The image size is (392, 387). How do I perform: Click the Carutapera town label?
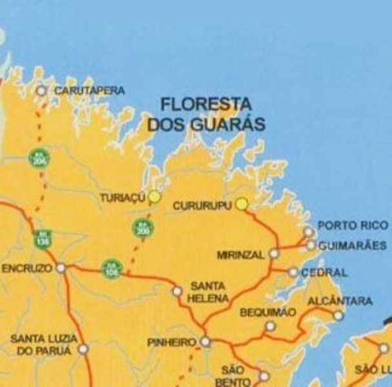point(89,91)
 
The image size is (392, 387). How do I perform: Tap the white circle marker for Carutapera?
point(41,91)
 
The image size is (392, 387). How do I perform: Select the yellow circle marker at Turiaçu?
point(154,197)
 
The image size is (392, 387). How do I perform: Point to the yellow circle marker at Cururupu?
point(242,204)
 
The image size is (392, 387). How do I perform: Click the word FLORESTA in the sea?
point(206,104)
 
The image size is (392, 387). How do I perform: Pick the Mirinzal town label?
point(241,255)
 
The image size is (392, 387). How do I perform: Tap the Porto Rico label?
point(353,226)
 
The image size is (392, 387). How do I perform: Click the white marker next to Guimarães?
point(311,246)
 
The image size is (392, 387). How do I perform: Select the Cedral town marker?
point(293,272)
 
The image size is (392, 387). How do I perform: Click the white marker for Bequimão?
point(270,326)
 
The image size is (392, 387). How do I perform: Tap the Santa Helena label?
point(208,292)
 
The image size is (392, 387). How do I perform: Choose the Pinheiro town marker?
point(205,342)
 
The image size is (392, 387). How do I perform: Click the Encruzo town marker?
point(61,268)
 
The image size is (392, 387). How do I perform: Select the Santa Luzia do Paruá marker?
point(83,350)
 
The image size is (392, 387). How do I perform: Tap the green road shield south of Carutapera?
point(39,157)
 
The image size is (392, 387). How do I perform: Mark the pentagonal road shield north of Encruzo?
point(43,238)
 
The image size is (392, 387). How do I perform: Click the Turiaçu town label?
point(120,199)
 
